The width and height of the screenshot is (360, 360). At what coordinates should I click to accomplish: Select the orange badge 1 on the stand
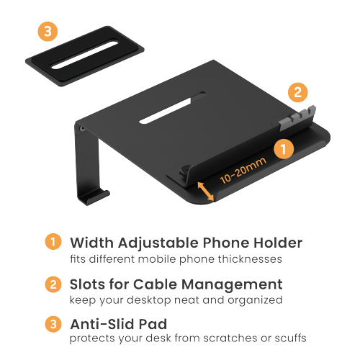coord(285,149)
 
